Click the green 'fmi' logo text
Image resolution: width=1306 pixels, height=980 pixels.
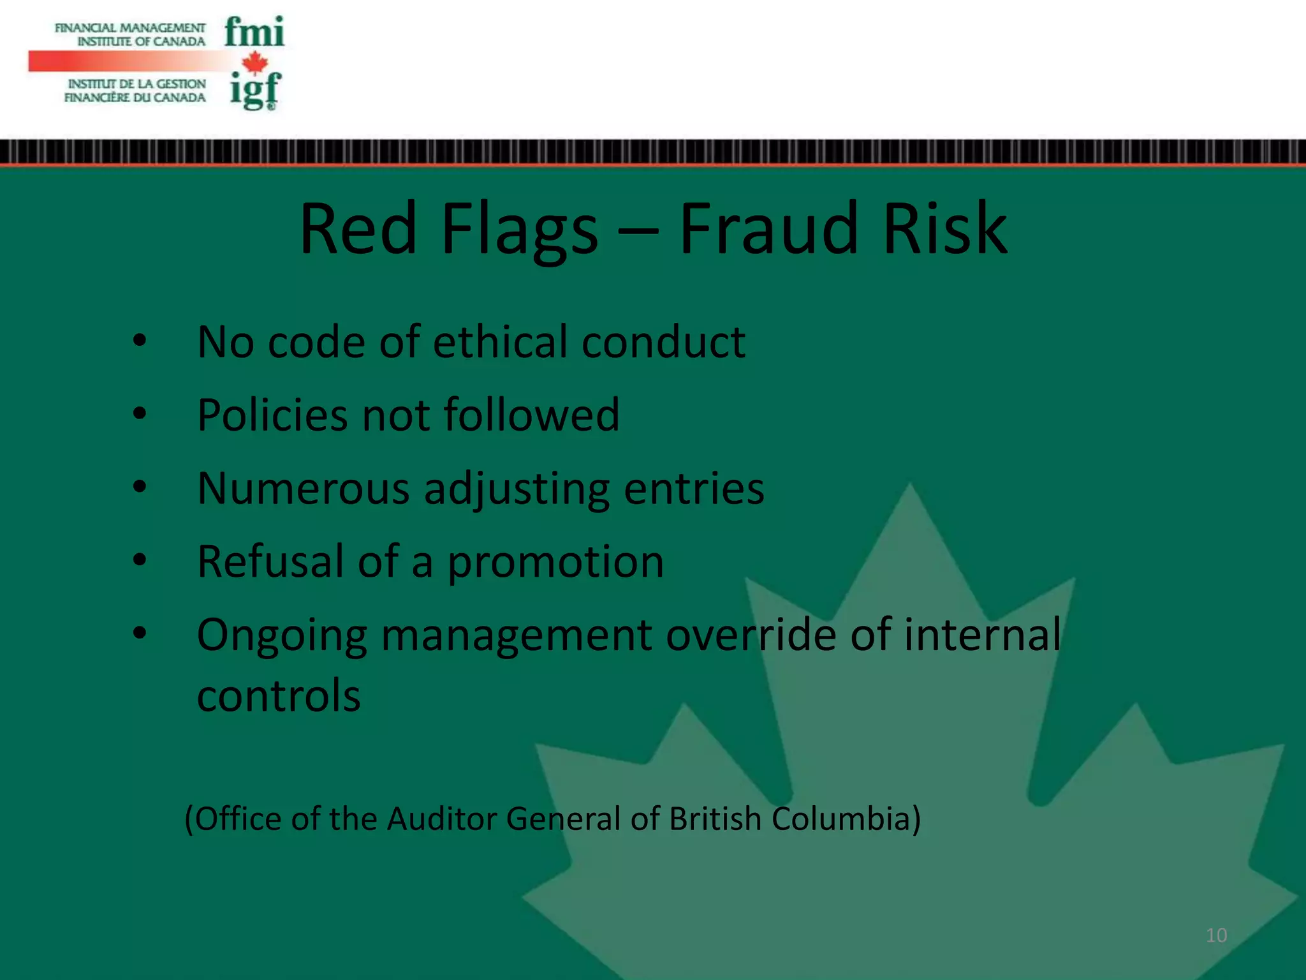point(254,33)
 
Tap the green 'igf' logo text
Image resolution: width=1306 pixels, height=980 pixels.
point(254,90)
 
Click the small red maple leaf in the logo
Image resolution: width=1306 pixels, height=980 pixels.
point(255,63)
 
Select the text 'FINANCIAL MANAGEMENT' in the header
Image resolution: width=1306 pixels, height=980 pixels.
point(130,28)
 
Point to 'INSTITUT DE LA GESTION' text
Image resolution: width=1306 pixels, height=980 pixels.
point(136,84)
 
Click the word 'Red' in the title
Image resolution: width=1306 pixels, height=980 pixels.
point(358,228)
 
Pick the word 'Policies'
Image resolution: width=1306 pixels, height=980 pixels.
point(272,415)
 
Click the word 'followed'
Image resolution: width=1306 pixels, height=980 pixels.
point(531,415)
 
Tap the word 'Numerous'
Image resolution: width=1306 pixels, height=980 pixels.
point(303,489)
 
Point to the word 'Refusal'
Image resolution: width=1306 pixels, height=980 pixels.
point(270,561)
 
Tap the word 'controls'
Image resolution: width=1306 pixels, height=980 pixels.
point(279,695)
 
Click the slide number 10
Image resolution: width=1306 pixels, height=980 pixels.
point(1216,935)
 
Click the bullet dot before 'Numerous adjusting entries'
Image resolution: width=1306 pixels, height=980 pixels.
point(140,487)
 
